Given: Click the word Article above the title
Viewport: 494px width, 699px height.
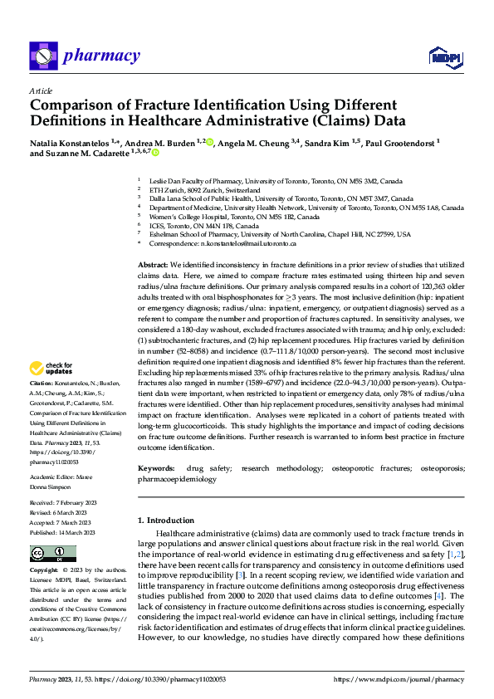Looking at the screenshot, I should (x=41, y=90).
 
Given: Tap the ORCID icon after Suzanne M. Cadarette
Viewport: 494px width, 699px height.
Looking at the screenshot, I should (x=155, y=154).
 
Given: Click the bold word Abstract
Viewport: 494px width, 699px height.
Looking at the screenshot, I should (x=153, y=263).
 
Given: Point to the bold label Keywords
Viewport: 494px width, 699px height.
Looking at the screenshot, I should (x=157, y=469).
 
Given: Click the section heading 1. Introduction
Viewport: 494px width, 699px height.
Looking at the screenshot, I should (x=172, y=521).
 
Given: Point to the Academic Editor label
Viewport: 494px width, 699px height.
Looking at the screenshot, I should (x=51, y=477).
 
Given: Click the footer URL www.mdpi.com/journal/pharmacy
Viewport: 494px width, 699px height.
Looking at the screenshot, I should (x=397, y=679).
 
